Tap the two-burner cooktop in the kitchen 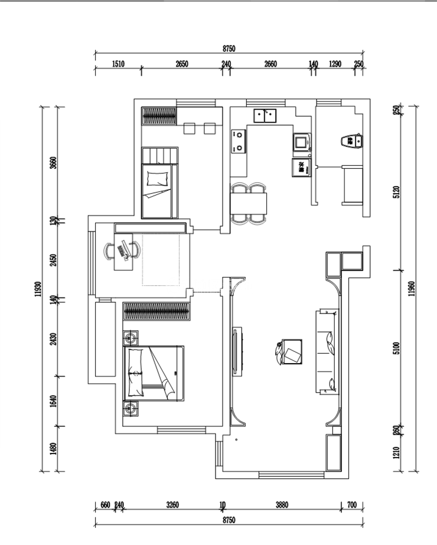click(x=239, y=141)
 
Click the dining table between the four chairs click(x=249, y=203)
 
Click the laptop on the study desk click(x=124, y=249)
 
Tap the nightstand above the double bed click(x=130, y=338)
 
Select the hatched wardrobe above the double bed click(x=156, y=311)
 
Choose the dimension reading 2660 click(x=270, y=64)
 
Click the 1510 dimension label click(x=118, y=64)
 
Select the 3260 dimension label click(x=172, y=505)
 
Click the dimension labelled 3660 click(x=53, y=162)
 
